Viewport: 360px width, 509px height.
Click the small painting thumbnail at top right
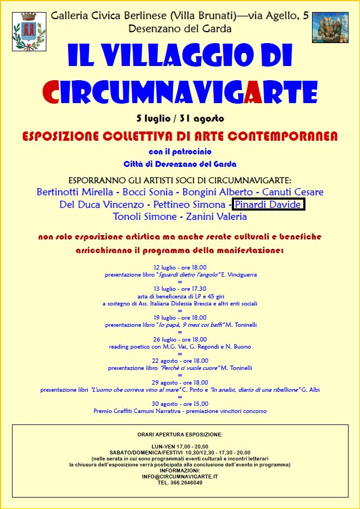(329, 27)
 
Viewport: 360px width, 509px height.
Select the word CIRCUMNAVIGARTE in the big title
(180, 91)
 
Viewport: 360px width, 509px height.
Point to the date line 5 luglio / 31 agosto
(180, 118)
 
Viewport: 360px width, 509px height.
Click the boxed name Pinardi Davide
(268, 205)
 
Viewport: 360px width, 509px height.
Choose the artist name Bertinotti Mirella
(75, 192)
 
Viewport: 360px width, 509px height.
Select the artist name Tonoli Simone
(145, 217)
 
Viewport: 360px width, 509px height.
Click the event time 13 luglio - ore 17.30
(180, 289)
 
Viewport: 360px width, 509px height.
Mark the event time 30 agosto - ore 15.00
(180, 404)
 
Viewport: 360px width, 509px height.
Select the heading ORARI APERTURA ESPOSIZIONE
(180, 434)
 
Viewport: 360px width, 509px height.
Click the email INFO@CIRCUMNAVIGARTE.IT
(180, 476)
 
